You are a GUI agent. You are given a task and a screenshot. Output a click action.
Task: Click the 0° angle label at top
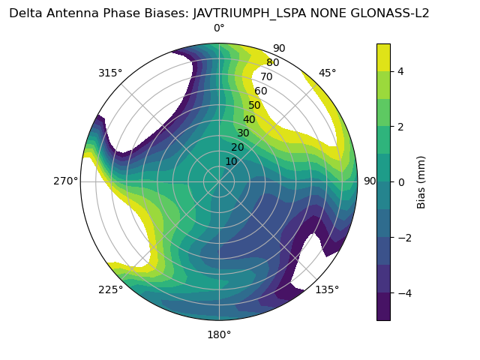(219, 28)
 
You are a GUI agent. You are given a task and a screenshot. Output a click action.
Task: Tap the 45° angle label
(327, 73)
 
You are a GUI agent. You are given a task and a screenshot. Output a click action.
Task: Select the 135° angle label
(327, 289)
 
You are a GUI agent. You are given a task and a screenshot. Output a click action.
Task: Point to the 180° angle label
(219, 334)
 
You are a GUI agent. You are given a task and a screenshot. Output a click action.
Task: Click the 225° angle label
(110, 289)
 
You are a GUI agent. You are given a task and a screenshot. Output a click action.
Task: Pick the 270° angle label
(65, 181)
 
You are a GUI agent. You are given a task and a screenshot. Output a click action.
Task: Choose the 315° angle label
(110, 73)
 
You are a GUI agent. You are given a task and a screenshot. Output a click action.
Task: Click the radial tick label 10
(231, 161)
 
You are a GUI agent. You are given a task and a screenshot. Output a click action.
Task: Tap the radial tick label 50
(255, 105)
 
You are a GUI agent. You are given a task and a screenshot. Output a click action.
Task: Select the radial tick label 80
(273, 63)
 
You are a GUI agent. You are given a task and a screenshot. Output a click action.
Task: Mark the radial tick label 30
(243, 133)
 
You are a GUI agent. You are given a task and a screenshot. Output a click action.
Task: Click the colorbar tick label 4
(401, 72)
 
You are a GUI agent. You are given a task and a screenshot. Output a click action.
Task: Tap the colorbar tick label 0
(401, 182)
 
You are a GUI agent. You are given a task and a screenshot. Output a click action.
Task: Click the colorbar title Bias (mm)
(421, 182)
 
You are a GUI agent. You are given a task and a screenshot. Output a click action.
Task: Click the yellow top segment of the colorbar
(383, 58)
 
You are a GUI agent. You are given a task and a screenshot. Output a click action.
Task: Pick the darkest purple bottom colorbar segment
(383, 307)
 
